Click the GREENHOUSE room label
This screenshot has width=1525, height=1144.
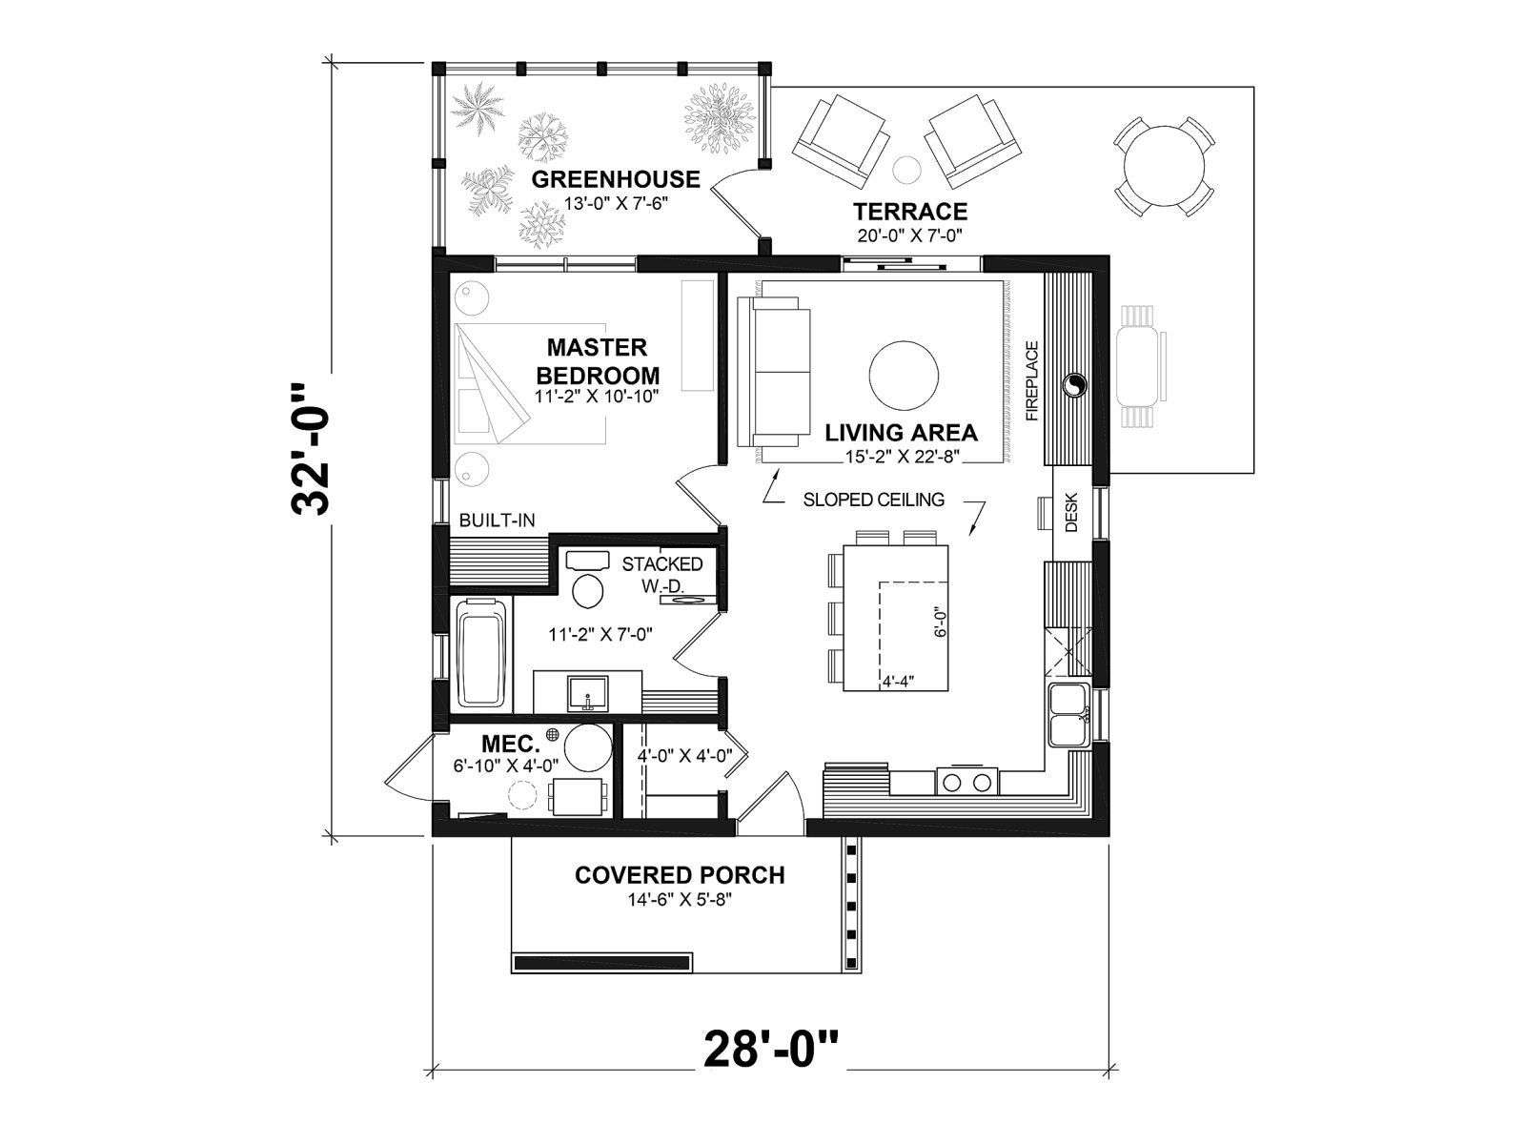(616, 179)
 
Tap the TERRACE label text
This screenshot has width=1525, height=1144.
(910, 211)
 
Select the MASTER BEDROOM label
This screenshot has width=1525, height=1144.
(598, 361)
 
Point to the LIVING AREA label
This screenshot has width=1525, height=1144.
(901, 433)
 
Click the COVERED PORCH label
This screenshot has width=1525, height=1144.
(680, 875)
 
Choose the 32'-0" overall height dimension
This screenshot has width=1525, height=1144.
(311, 449)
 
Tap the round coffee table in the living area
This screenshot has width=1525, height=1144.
(904, 376)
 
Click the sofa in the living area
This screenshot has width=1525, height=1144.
(773, 372)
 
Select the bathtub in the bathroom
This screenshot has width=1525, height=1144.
(481, 653)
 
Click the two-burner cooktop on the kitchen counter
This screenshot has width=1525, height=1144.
(966, 782)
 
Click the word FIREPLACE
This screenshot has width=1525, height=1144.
(1031, 380)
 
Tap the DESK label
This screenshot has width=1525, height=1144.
(1070, 512)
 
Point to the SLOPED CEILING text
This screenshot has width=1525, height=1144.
(873, 500)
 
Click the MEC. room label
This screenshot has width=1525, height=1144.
(511, 744)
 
